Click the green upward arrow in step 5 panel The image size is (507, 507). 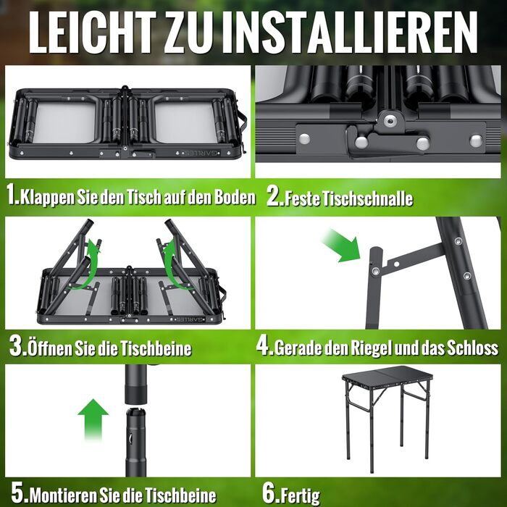93,420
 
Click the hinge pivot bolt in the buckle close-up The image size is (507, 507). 389,121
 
